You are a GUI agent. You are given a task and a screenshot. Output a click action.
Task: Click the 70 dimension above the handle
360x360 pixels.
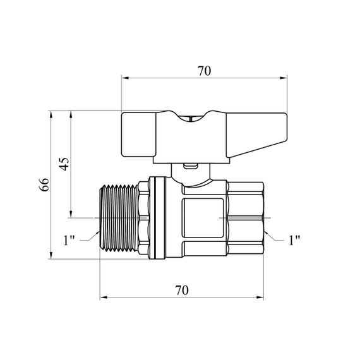pos(204,71)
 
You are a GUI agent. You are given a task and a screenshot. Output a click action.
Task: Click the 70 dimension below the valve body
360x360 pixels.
pos(182,290)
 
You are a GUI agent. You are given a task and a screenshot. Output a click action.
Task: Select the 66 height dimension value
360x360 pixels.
pos(44,184)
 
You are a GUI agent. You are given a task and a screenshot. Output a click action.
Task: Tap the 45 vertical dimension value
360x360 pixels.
pos(64,164)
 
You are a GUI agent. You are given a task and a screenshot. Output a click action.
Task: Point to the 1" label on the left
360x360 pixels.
pos(69,241)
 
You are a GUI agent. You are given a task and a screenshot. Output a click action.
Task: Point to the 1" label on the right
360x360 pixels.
pos(294,241)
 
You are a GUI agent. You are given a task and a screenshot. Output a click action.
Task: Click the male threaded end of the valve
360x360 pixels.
pos(119,218)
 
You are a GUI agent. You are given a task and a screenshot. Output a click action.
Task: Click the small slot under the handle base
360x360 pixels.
pos(190,165)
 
